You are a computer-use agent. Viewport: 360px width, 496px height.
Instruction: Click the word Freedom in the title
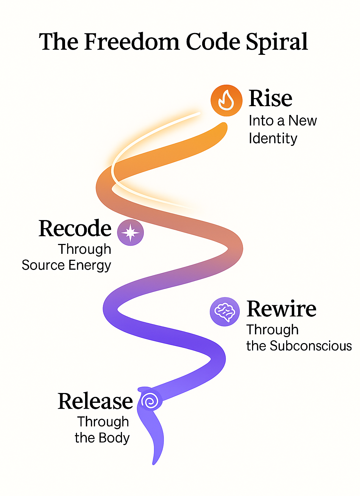click(x=132, y=42)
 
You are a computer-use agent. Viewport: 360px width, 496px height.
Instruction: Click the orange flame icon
click(x=226, y=100)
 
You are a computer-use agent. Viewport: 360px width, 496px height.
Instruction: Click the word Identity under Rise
click(x=273, y=139)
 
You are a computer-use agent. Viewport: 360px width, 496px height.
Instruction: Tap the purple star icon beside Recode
click(x=130, y=232)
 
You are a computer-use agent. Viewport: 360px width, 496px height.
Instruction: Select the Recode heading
click(x=75, y=228)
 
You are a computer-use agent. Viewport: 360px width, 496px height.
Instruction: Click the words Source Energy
click(x=66, y=265)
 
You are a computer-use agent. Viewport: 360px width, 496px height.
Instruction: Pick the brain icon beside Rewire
click(x=225, y=311)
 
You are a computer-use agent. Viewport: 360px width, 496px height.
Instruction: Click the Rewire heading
click(x=281, y=309)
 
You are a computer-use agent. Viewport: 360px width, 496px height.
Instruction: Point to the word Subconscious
click(x=311, y=346)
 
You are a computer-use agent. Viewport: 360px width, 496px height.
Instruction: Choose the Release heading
click(x=95, y=401)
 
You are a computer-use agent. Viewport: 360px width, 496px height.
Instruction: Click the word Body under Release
click(x=114, y=438)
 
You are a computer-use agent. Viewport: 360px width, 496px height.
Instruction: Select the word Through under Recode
click(x=85, y=249)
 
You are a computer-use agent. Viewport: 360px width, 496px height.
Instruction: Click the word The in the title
click(x=58, y=42)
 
